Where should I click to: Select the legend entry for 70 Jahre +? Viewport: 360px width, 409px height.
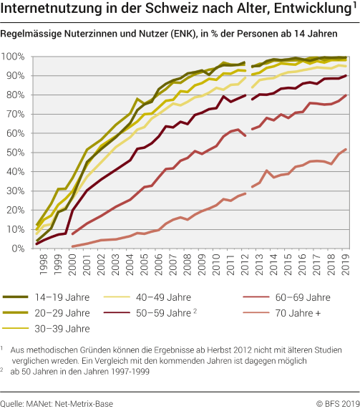pos(296,313)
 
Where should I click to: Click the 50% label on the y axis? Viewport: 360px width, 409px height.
pos(15,153)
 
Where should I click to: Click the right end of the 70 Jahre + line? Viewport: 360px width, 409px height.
pos(347,149)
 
